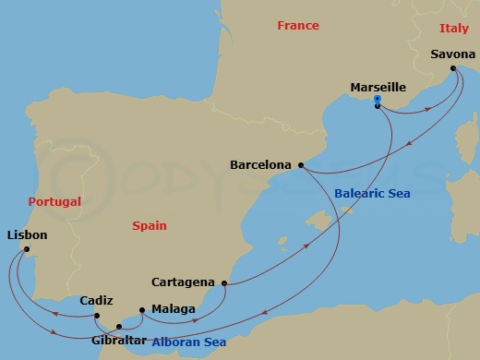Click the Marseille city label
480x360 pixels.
[378, 88]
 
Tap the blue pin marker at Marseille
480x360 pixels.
[378, 101]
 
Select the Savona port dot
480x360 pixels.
[452, 68]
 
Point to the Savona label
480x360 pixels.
[453, 54]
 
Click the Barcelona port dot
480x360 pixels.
[301, 165]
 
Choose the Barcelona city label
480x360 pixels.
[261, 166]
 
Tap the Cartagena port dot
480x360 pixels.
[224, 283]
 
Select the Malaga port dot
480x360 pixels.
[140, 309]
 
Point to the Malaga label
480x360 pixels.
[173, 309]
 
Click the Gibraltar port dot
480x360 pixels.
[116, 325]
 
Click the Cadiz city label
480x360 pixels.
[96, 301]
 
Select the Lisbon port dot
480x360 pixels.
[27, 249]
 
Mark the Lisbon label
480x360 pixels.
[27, 235]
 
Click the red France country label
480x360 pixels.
[297, 26]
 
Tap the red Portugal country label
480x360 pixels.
[54, 201]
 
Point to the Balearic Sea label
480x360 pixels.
[369, 194]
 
